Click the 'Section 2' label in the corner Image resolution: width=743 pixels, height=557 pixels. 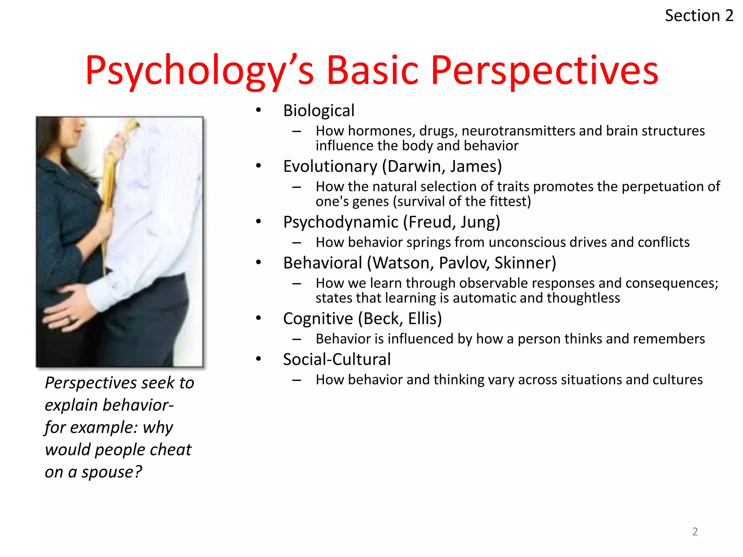699,16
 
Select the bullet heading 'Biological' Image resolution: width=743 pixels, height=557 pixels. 319,111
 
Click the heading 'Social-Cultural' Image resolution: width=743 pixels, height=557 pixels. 337,360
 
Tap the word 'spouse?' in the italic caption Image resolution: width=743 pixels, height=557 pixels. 112,472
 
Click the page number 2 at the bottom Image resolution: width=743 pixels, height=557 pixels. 695,532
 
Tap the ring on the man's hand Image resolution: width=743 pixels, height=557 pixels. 71,319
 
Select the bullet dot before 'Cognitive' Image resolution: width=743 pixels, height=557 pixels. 258,318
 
